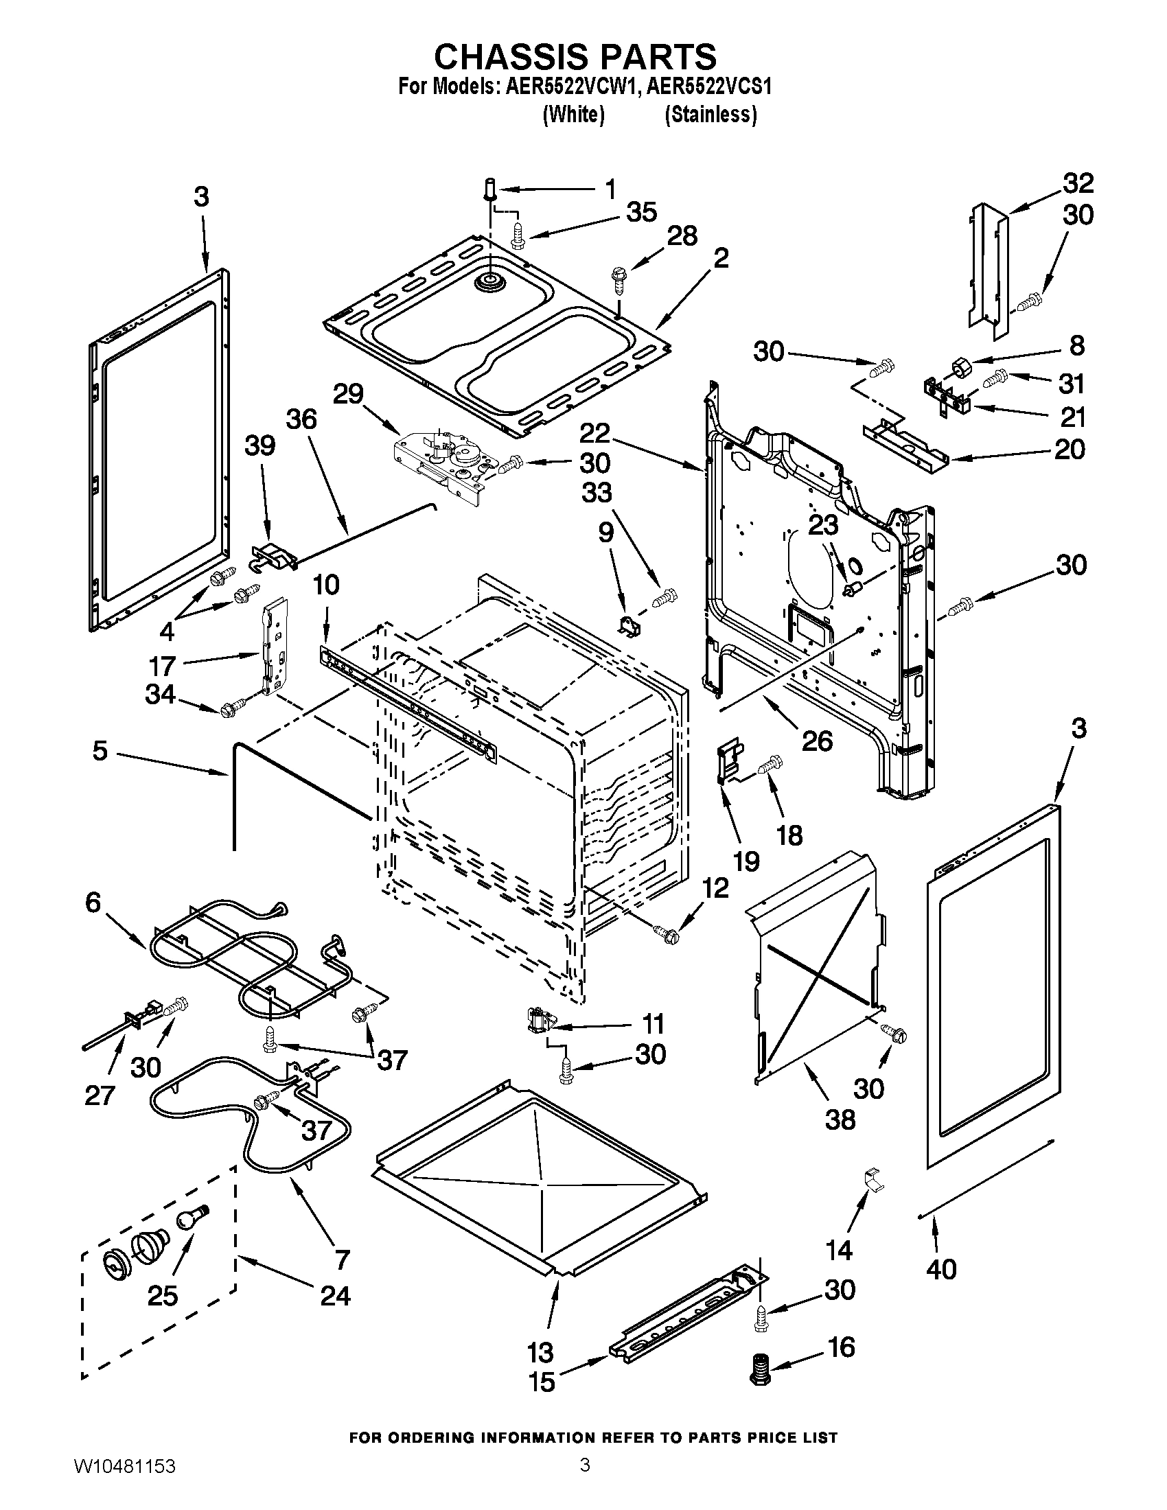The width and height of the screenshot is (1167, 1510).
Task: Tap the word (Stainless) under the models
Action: [x=710, y=115]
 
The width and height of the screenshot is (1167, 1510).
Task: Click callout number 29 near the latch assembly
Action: [x=349, y=395]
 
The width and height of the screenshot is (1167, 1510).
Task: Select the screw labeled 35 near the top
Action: [x=517, y=233]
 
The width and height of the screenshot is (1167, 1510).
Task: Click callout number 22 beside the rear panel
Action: [x=594, y=434]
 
